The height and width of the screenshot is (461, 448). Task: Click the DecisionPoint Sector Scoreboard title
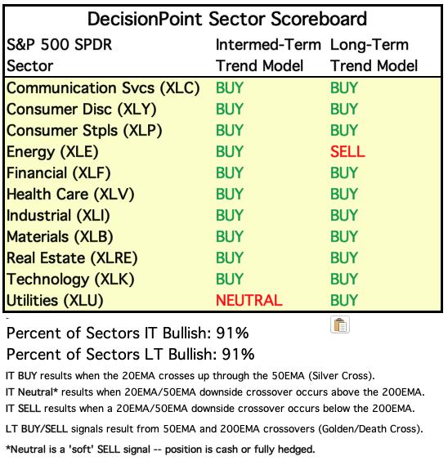(x=227, y=20)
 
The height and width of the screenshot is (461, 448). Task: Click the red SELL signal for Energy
(x=347, y=152)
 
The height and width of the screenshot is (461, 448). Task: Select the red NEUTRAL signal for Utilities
(x=249, y=301)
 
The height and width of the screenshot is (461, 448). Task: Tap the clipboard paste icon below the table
(x=340, y=324)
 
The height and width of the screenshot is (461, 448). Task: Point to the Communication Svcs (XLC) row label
(x=103, y=88)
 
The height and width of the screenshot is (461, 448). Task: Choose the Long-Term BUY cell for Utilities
(x=344, y=301)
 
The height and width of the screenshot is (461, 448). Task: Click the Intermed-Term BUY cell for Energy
(x=230, y=152)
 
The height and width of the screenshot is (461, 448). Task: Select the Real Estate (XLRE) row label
(x=72, y=258)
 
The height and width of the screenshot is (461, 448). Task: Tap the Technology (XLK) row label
(x=70, y=280)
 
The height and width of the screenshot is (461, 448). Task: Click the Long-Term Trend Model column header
(x=374, y=56)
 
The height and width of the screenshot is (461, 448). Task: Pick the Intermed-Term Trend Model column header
(x=268, y=56)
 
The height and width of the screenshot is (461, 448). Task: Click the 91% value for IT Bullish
(x=232, y=333)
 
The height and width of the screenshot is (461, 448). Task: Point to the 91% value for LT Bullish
(x=238, y=354)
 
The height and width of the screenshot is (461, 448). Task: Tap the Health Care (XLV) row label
(x=70, y=195)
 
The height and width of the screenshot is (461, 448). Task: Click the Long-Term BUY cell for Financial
(x=344, y=173)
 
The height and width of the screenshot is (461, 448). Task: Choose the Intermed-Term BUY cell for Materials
(x=230, y=237)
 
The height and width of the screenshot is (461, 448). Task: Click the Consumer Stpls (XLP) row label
(x=84, y=131)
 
